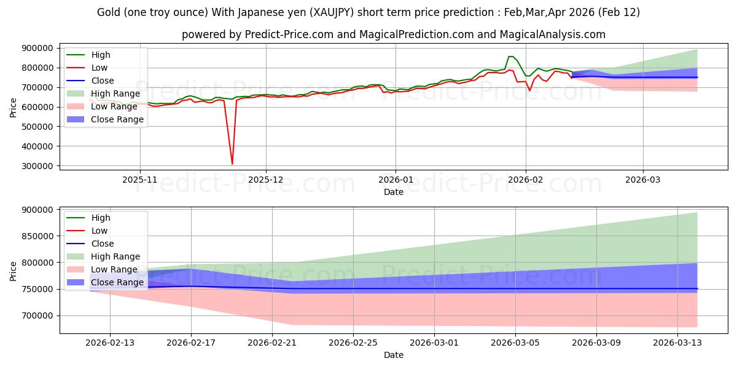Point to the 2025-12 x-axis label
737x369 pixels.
point(266,180)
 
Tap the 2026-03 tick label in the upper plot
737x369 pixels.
point(643,180)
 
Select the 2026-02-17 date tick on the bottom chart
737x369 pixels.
point(191,342)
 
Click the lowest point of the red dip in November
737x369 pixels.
point(232,164)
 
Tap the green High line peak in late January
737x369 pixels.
point(510,57)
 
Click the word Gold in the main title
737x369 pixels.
point(108,12)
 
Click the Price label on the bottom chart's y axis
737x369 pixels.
point(14,271)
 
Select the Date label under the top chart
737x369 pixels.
point(394,192)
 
